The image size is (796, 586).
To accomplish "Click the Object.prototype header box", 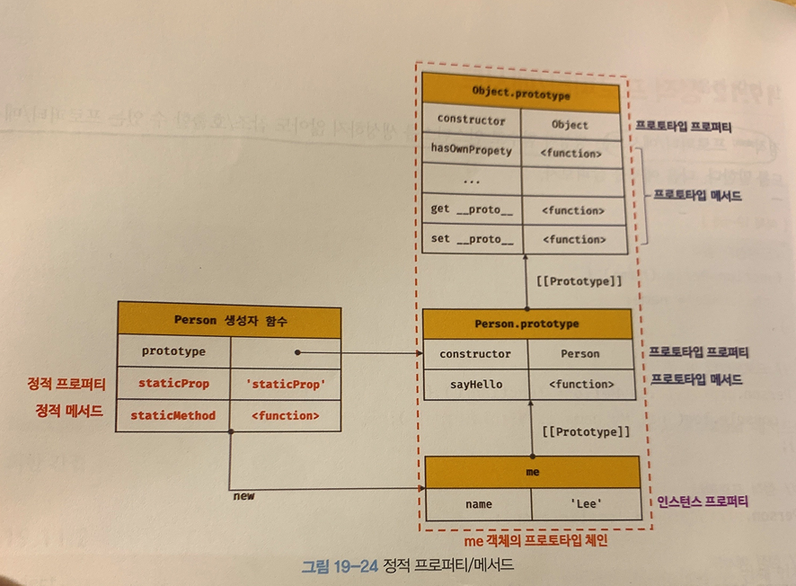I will coord(520,93).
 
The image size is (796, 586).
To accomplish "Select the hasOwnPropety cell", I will coord(471,151).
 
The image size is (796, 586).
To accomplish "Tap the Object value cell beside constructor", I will coord(570,124).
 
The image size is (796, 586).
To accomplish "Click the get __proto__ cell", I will coord(472,209).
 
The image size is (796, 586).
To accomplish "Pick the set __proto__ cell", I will coord(472,239).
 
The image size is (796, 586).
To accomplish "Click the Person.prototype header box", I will coord(526,324).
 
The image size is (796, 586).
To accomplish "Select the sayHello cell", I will coord(475,385).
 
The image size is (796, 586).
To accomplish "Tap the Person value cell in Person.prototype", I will coord(579,354).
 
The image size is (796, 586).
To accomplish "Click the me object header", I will coord(532,472).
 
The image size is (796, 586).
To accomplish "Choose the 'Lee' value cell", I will coord(586,504).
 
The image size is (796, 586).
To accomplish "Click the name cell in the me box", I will coord(478,504).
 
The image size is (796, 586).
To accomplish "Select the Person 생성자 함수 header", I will coord(229,319).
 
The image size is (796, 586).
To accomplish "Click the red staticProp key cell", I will coord(173,384).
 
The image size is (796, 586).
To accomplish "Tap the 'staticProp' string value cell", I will coord(285,384).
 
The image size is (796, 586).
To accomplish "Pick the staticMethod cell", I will coord(173,415).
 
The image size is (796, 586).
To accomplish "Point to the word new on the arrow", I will coord(243,495).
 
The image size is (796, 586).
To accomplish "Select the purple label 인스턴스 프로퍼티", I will coord(701,502).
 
